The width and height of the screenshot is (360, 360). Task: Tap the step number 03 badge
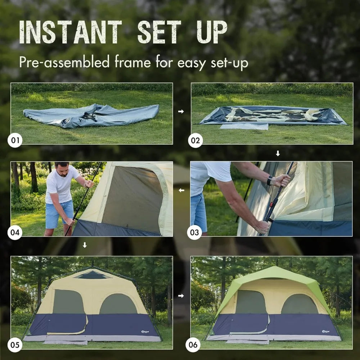point(194,232)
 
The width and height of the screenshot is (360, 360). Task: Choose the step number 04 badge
point(15,232)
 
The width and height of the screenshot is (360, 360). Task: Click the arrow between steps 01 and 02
point(181,112)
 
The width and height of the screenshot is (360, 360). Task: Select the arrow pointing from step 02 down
point(278,154)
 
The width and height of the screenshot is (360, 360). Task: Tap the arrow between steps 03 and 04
point(181,190)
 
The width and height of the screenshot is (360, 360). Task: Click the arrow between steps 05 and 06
point(181,296)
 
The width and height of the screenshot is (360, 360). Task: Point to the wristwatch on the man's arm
point(270,180)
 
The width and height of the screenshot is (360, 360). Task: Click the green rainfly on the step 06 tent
point(274,274)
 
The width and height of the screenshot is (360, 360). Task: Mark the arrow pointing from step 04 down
point(85,245)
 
